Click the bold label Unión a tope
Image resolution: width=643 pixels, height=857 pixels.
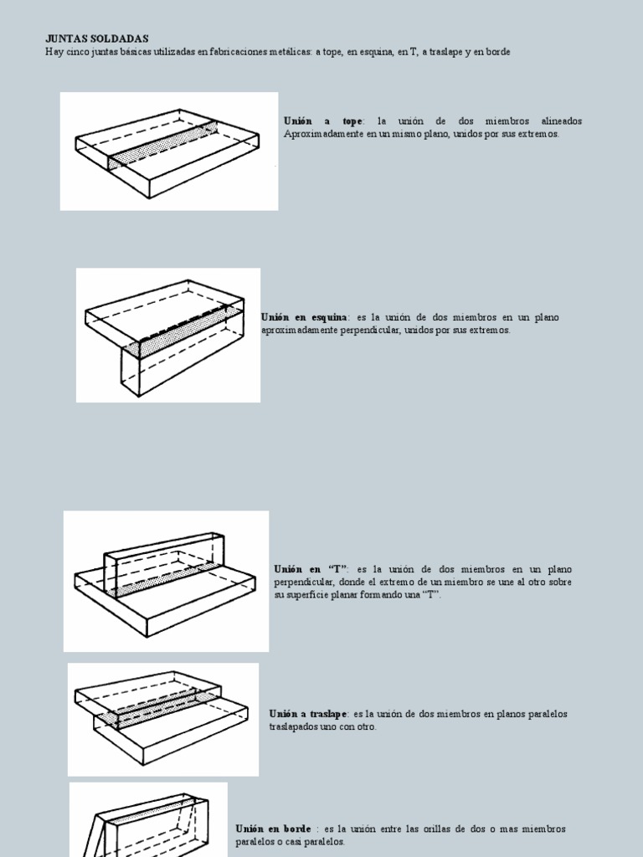coord(323,121)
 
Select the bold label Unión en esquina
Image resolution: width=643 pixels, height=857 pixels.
coord(304,317)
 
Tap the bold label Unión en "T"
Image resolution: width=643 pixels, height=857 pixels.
coord(311,569)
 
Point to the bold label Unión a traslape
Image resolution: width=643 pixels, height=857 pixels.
coord(307,714)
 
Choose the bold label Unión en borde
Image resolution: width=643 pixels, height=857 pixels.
coord(274,829)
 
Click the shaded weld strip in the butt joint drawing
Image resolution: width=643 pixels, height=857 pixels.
coord(163,144)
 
